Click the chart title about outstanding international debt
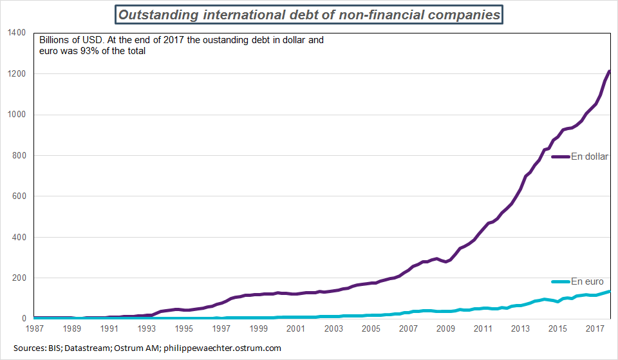(308, 14)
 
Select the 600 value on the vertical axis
(18, 196)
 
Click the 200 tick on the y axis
(18, 278)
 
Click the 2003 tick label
(333, 329)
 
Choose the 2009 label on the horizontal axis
(445, 329)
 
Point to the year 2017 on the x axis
(594, 329)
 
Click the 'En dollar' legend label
(590, 156)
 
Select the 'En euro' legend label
(588, 281)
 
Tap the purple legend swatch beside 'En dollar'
(561, 156)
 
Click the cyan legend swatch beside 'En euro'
(561, 281)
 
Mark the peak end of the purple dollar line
(609, 71)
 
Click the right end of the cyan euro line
(609, 292)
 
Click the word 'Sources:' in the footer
(26, 348)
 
